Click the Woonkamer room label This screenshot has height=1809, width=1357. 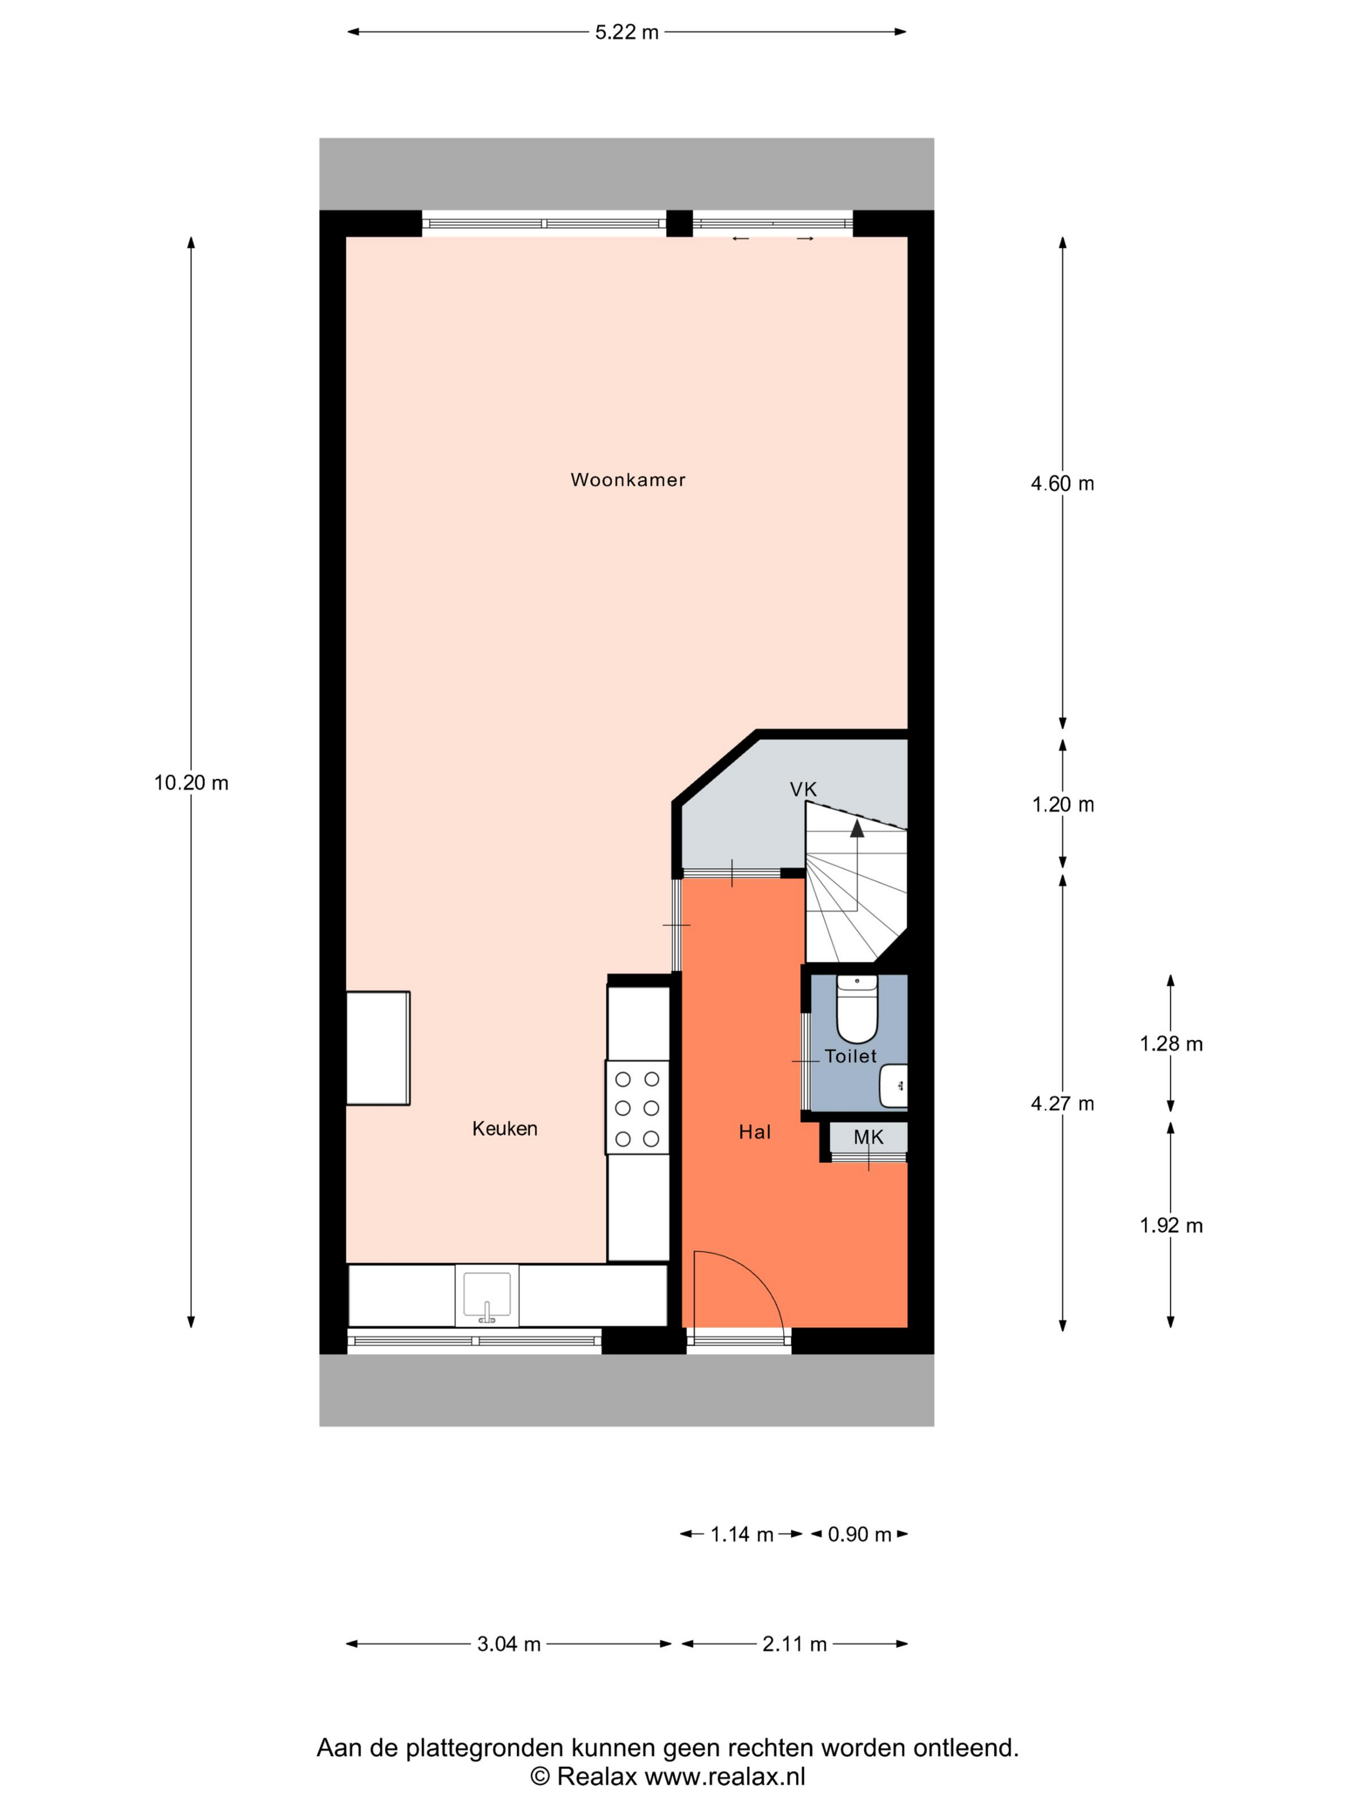pos(627,480)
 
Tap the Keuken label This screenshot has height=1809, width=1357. pos(505,1129)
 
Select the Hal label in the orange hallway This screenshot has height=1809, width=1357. pos(754,1132)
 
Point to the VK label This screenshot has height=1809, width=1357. pos(803,789)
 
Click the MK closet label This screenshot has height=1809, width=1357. pos(868,1136)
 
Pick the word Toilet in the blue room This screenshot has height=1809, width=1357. pos(850,1056)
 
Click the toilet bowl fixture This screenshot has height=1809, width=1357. pos(856,1009)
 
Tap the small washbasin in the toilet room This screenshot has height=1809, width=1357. pos(893,1085)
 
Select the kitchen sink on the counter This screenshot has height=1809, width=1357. pos(487,1296)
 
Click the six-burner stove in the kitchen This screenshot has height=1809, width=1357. pos(637,1108)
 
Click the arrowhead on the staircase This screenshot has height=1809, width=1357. pos(856,828)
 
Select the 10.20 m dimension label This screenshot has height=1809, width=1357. pos(191,782)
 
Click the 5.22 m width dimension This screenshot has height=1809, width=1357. pos(627,32)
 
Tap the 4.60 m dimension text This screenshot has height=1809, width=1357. pos(1062,483)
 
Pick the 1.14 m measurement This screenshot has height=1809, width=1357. pos(741,1534)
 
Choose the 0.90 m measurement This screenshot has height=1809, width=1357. pos(859,1534)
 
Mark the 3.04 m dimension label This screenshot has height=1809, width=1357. pos(509,1644)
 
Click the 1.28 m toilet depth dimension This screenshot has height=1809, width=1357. pos(1170,1043)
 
